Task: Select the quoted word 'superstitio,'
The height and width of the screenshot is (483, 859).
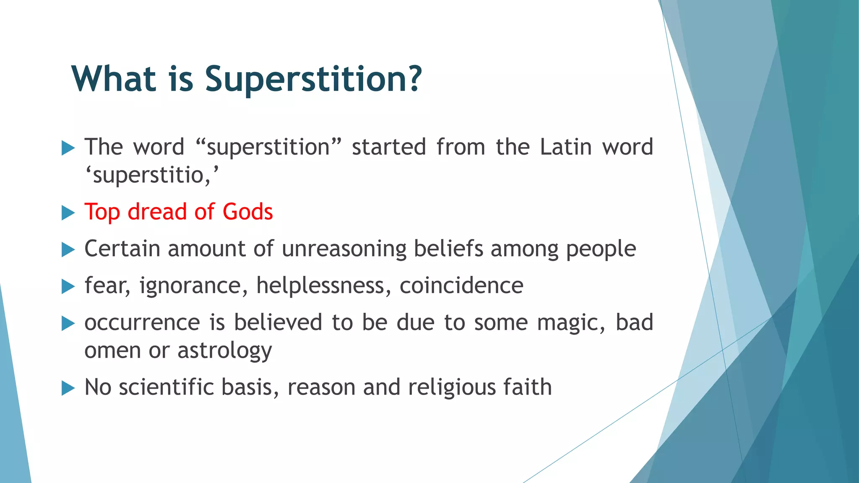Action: pos(152,175)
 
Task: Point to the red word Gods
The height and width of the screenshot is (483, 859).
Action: pos(247,211)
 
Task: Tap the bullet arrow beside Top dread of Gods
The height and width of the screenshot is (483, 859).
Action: pos(68,213)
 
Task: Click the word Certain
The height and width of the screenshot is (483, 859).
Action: pos(122,249)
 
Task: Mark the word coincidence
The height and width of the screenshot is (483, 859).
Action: pos(461,286)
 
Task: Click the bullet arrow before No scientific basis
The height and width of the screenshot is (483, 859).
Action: pos(68,388)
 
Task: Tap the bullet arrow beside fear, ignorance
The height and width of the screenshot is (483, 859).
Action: pos(68,287)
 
